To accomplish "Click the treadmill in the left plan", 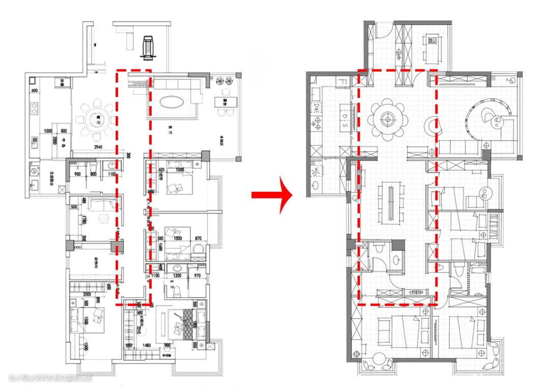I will pos(148,47).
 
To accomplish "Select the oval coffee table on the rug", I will pos(173,101).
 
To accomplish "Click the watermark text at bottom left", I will pos(51,378).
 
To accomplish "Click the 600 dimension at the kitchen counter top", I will pos(35,91).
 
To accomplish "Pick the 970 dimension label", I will pos(198,276).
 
